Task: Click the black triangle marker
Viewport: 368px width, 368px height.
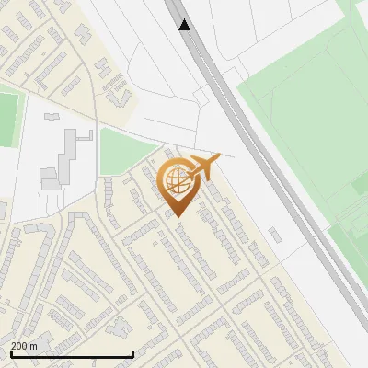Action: (185, 25)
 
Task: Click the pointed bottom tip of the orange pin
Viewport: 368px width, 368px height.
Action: (177, 215)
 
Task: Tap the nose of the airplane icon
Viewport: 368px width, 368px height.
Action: (218, 156)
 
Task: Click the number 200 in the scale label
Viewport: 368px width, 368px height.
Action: (18, 346)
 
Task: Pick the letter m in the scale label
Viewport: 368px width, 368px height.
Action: (34, 346)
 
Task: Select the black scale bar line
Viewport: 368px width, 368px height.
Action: (71, 354)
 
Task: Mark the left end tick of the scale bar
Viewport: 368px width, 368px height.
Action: (10, 353)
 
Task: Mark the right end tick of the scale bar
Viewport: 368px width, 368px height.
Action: (132, 353)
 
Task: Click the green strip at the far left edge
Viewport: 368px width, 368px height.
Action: (7, 120)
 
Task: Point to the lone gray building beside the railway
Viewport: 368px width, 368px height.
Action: (276, 234)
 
